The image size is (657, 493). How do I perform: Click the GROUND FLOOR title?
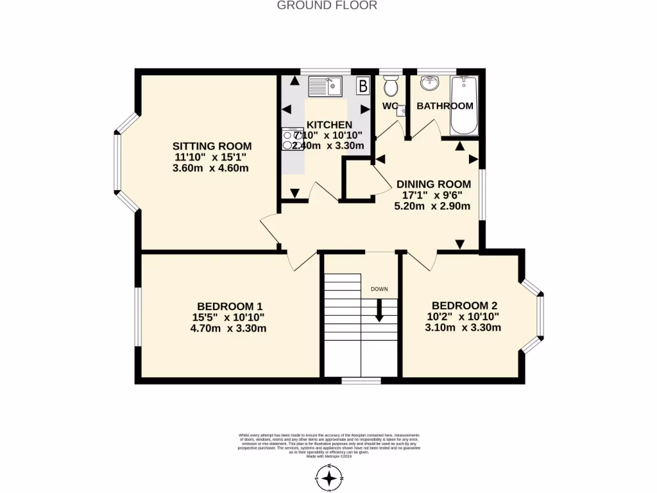click(327, 6)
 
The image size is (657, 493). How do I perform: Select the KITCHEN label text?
click(329, 125)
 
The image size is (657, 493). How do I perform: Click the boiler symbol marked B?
click(363, 85)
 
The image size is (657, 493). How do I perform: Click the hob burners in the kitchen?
click(288, 141)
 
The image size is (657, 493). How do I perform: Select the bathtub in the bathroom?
click(464, 104)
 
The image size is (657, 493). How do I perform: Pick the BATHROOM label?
click(445, 106)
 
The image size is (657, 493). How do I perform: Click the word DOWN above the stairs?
click(379, 289)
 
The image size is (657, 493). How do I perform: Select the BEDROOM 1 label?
click(230, 306)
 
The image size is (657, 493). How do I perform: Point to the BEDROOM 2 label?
click(465, 306)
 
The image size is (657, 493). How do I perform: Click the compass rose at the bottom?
click(329, 478)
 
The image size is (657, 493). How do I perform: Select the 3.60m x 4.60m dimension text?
click(210, 168)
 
